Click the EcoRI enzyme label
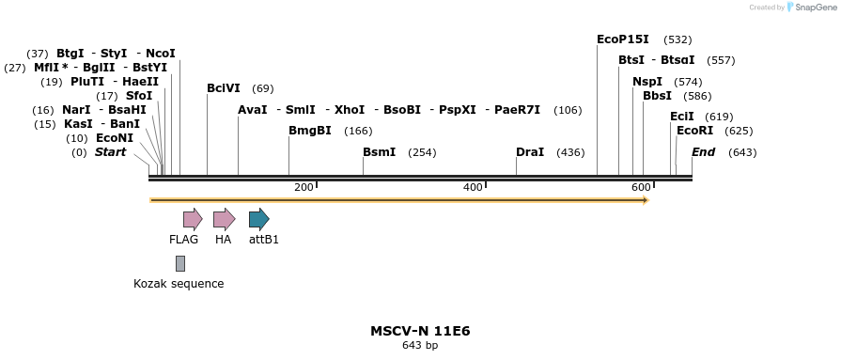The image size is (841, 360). click(x=694, y=131)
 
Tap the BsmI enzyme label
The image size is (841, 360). click(x=379, y=152)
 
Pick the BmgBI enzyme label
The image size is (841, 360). click(x=309, y=131)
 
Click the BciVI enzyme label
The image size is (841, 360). click(x=224, y=88)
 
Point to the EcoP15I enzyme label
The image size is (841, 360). click(x=623, y=39)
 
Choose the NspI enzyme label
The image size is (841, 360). click(x=646, y=82)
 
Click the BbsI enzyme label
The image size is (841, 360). click(x=657, y=96)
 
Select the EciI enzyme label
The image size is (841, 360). click(x=682, y=117)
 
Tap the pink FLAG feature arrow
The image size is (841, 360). click(x=193, y=220)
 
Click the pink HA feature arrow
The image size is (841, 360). click(x=224, y=220)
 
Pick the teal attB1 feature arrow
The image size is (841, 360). click(x=258, y=220)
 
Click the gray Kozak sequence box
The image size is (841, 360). click(x=179, y=263)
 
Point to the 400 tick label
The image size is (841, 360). click(x=473, y=188)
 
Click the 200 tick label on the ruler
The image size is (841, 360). click(x=304, y=188)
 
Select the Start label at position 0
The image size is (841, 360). click(x=110, y=152)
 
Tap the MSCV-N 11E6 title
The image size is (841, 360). click(x=420, y=332)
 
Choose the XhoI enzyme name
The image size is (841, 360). click(x=350, y=110)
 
